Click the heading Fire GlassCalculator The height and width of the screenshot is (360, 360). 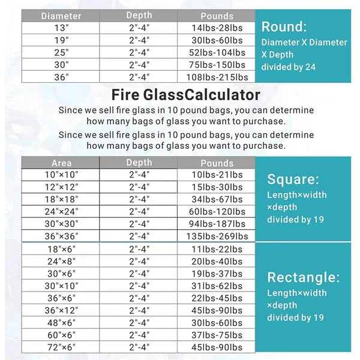(x=186, y=95)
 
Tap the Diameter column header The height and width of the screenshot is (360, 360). (x=61, y=16)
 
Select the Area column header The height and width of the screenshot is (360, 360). (x=61, y=163)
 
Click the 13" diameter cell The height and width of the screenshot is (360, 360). (x=61, y=28)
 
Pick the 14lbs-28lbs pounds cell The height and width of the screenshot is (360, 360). (x=217, y=28)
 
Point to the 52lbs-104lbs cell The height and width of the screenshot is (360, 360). (x=217, y=52)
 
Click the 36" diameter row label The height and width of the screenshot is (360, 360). (x=61, y=77)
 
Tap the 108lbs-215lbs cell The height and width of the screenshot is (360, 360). (x=217, y=77)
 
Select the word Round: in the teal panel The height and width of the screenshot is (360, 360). (x=284, y=26)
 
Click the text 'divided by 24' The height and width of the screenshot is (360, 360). (x=288, y=67)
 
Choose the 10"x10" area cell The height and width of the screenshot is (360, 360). (x=61, y=174)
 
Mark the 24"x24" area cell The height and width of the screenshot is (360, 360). (x=61, y=211)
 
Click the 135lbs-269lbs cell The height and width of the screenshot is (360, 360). (x=217, y=236)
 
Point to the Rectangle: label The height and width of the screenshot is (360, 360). (x=304, y=277)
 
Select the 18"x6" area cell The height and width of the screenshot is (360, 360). (x=61, y=248)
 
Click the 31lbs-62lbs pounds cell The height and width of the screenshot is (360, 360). (x=217, y=286)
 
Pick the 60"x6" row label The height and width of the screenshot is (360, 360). (x=61, y=335)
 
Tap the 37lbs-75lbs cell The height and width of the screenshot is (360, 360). (x=217, y=335)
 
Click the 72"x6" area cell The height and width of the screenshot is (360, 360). (x=61, y=347)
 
